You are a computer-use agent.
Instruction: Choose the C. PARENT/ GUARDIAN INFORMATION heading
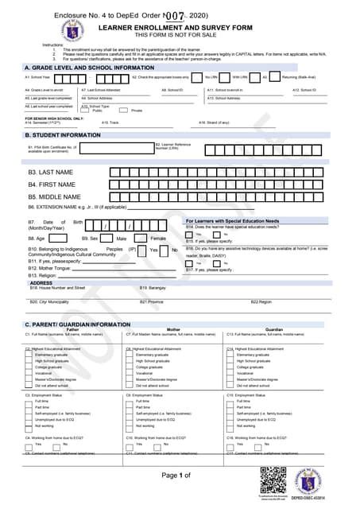point(76,324)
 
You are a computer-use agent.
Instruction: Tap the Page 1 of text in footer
point(176,476)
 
